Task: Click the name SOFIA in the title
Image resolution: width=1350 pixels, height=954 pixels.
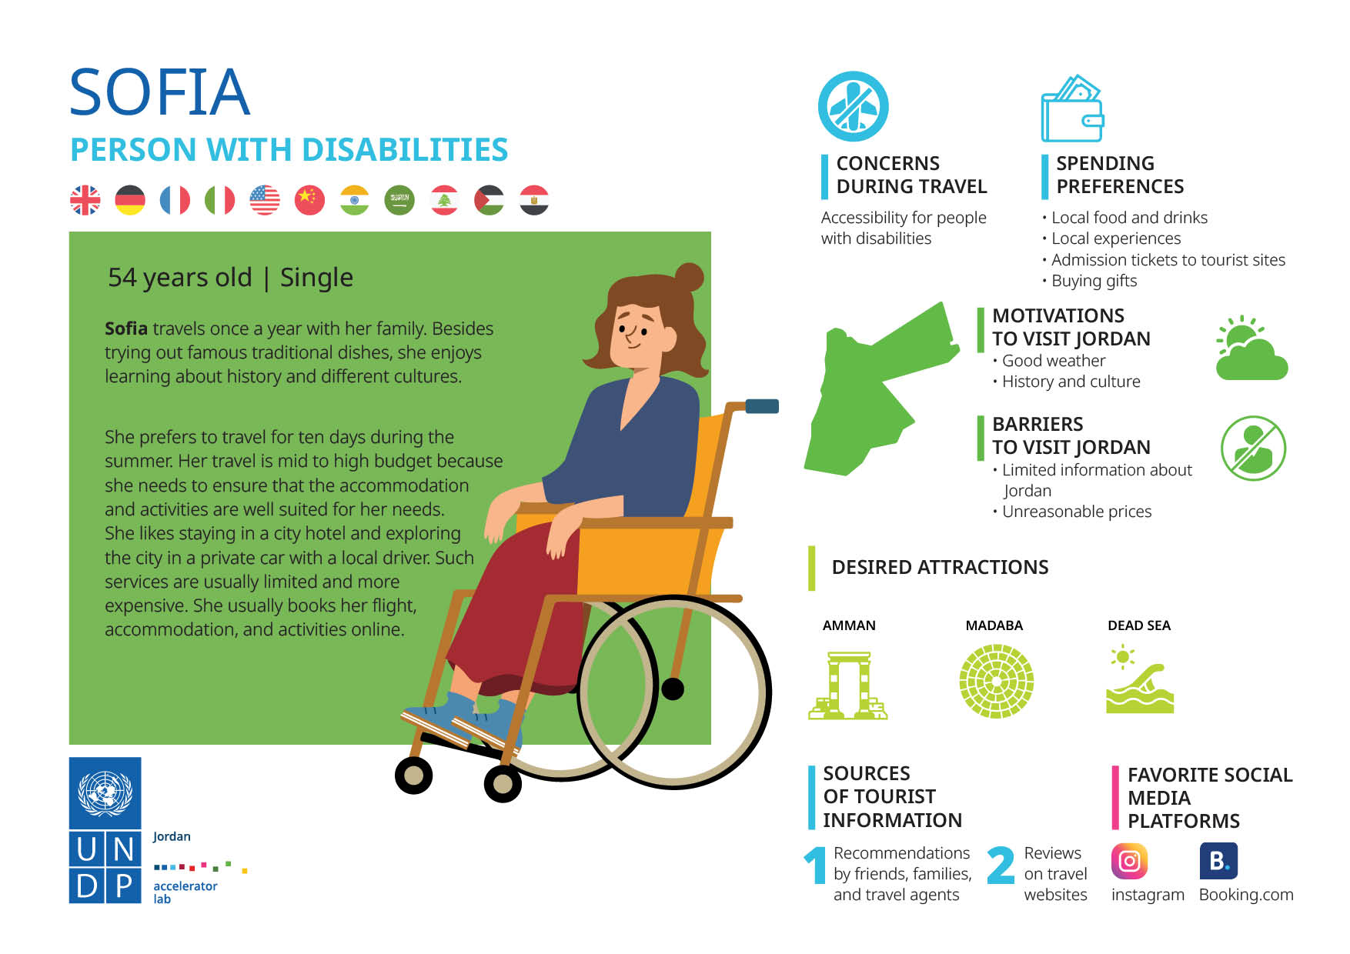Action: (x=160, y=92)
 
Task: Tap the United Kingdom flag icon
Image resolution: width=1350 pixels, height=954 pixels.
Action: (x=85, y=200)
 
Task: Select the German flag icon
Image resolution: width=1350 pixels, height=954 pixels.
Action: (x=130, y=200)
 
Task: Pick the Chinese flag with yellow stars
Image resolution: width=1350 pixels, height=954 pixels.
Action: (x=309, y=200)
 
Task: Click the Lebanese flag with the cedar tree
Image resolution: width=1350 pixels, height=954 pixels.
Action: (x=444, y=200)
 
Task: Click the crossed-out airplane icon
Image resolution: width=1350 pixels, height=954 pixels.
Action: (x=853, y=106)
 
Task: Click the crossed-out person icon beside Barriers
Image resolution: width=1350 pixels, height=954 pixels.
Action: (x=1253, y=449)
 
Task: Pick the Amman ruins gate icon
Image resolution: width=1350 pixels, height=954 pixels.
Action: (x=848, y=685)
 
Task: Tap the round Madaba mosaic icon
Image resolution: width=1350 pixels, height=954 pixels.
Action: (x=996, y=682)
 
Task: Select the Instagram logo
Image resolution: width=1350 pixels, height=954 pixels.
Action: (x=1129, y=861)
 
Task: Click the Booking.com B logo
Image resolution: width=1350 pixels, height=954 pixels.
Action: (x=1218, y=861)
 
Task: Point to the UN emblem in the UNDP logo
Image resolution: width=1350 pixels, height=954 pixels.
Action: (x=105, y=793)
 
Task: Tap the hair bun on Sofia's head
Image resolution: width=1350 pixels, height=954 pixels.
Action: (x=689, y=277)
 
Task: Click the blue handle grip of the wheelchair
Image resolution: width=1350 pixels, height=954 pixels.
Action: (x=762, y=406)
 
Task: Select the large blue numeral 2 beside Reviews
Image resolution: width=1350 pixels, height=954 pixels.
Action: (x=1000, y=866)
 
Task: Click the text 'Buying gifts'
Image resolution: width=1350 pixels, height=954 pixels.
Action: (x=1094, y=281)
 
